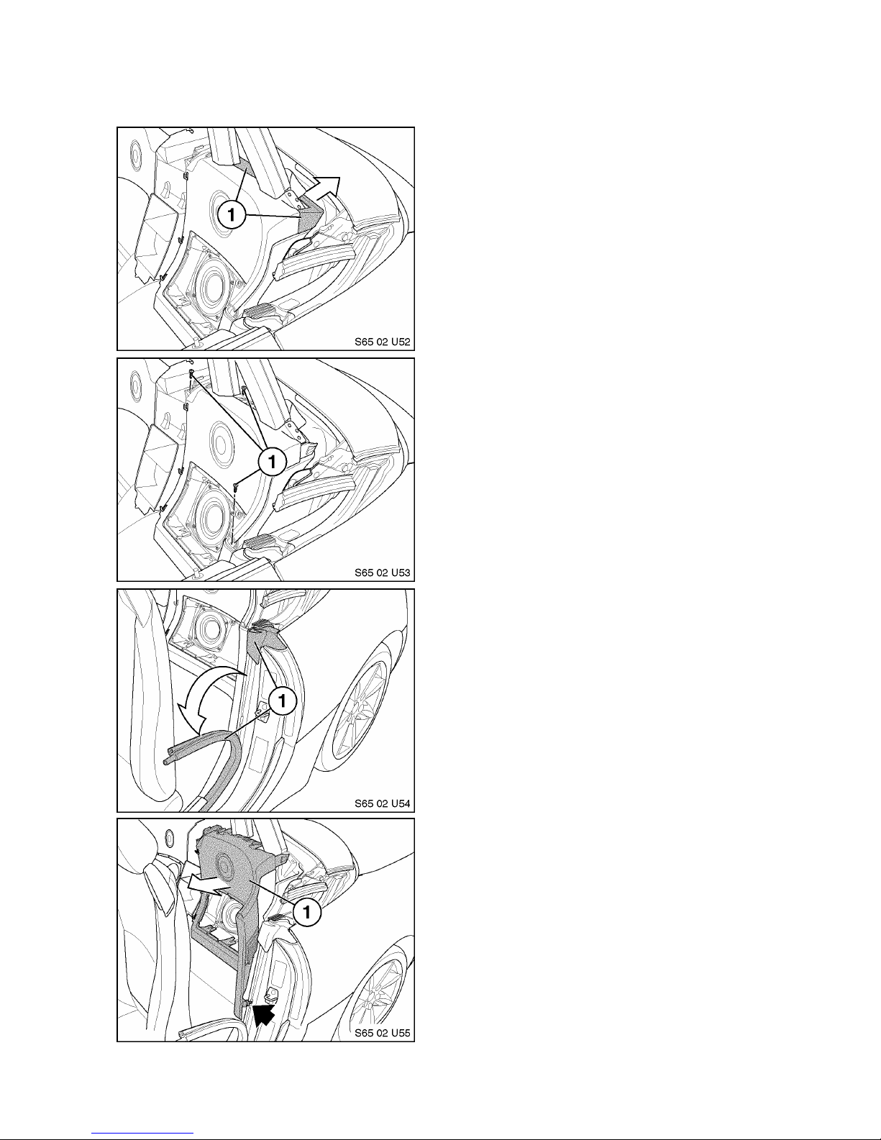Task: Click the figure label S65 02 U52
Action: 383,342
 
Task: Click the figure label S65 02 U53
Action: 383,573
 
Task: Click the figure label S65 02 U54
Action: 383,803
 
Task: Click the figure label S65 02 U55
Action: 383,1033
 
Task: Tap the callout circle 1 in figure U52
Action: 232,214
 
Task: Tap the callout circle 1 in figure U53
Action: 272,462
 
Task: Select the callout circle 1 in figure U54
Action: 283,701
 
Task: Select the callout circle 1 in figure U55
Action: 307,912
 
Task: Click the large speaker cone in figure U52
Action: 209,283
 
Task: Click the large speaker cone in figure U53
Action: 209,514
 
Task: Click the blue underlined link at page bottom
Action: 142,1133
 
